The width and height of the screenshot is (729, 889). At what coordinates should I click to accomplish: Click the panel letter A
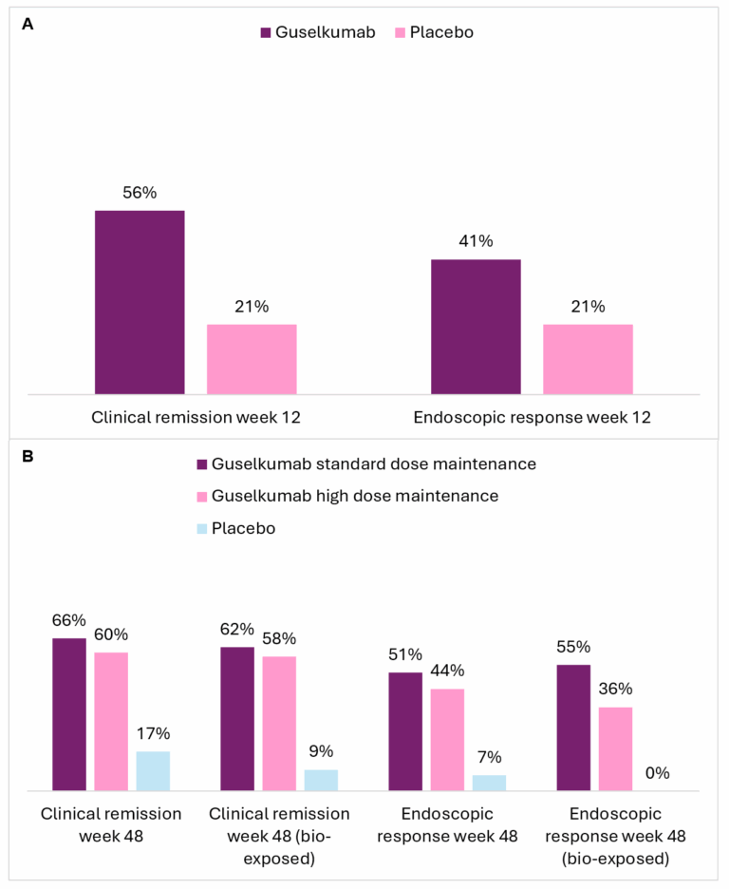28,26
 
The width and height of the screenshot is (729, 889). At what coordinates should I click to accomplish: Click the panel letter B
28,457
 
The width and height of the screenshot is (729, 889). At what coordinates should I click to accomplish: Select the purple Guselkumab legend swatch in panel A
266,32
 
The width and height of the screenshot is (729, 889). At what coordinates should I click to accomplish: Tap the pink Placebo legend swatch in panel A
400,32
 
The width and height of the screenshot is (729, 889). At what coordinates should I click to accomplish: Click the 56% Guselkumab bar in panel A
140,302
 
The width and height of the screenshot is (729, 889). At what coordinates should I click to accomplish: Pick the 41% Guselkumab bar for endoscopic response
476,327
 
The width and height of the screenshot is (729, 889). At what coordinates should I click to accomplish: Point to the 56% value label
140,192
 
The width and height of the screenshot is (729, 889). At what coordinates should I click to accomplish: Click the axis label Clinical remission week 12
196,417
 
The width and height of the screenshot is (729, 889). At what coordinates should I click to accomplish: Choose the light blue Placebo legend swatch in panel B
201,528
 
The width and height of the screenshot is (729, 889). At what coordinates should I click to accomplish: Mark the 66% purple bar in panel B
69,714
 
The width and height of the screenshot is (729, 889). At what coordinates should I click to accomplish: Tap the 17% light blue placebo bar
153,771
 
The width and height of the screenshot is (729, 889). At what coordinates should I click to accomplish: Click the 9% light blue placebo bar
321,780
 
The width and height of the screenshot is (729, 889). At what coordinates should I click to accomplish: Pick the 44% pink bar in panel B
447,740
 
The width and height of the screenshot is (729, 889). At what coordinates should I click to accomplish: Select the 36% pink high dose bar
615,748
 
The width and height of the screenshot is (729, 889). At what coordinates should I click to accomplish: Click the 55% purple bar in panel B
573,728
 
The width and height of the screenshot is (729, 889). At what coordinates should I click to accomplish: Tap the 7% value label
489,757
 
